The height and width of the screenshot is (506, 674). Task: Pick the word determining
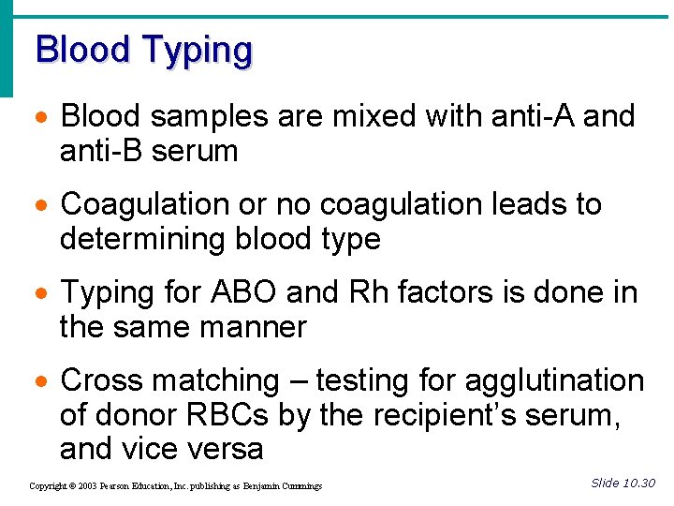coord(138,240)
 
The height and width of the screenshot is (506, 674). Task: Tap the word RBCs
coord(204,415)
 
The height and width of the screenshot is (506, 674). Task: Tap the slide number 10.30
coord(639,483)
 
